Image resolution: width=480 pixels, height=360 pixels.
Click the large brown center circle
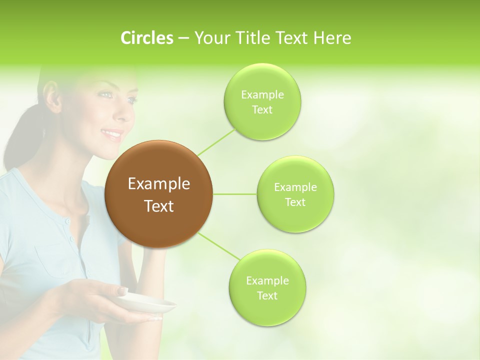(159, 194)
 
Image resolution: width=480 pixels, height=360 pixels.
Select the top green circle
(262, 101)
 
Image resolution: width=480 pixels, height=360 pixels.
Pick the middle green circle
(295, 194)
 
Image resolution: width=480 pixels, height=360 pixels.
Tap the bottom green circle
(267, 287)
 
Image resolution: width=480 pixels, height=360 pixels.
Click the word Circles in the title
(147, 38)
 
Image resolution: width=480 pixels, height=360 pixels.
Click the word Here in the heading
(331, 38)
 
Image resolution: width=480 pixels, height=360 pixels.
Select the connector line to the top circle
(216, 141)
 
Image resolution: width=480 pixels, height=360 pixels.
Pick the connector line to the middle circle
(235, 194)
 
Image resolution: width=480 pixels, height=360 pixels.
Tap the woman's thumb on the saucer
(121, 290)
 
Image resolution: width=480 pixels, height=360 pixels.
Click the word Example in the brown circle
(159, 184)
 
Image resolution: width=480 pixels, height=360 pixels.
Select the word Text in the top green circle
(262, 110)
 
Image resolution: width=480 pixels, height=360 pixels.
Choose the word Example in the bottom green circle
(267, 281)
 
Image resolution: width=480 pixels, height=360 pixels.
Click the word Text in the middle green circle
(295, 202)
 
